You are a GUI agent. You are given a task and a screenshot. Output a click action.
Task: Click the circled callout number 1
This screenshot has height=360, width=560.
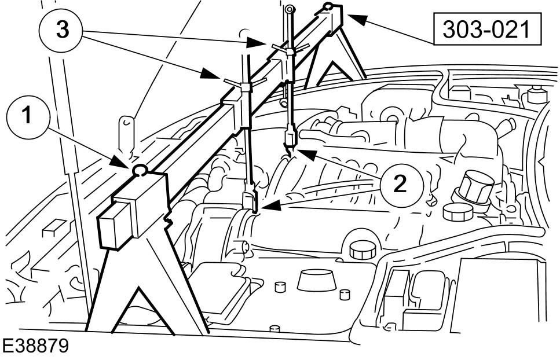click(27, 117)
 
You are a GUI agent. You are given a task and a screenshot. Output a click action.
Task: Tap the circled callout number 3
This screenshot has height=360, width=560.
click(61, 30)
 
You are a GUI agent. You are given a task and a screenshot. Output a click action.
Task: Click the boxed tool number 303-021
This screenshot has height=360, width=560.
click(487, 29)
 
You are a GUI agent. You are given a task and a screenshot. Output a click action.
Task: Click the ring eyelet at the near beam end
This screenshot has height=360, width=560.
click(140, 171)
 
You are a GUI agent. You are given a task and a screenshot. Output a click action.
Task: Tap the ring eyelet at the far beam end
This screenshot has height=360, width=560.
click(328, 6)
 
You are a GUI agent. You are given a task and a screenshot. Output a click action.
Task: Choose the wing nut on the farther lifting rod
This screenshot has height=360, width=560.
click(290, 49)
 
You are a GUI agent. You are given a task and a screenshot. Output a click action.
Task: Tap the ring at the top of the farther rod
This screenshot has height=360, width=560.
click(290, 9)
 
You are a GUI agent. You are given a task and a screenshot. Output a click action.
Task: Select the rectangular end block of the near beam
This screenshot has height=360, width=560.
click(133, 210)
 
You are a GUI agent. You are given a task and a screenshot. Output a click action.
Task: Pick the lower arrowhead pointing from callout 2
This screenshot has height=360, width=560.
click(270, 206)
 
